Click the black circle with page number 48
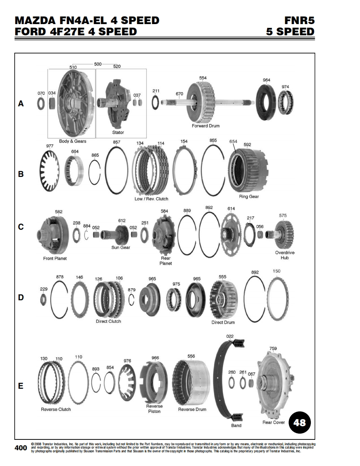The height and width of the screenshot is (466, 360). [300, 422]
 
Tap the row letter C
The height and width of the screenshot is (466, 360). [21, 227]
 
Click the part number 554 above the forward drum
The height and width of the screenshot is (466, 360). [203, 78]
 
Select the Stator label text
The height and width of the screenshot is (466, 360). [118, 132]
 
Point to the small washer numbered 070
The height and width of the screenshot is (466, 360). [41, 104]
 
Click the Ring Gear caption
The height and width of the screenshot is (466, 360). [249, 196]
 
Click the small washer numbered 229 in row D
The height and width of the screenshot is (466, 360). [43, 299]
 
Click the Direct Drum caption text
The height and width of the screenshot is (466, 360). [223, 322]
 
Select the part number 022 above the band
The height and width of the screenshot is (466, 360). [230, 336]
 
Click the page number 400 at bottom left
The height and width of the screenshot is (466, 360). [21, 448]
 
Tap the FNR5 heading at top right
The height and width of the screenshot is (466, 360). [299, 20]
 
